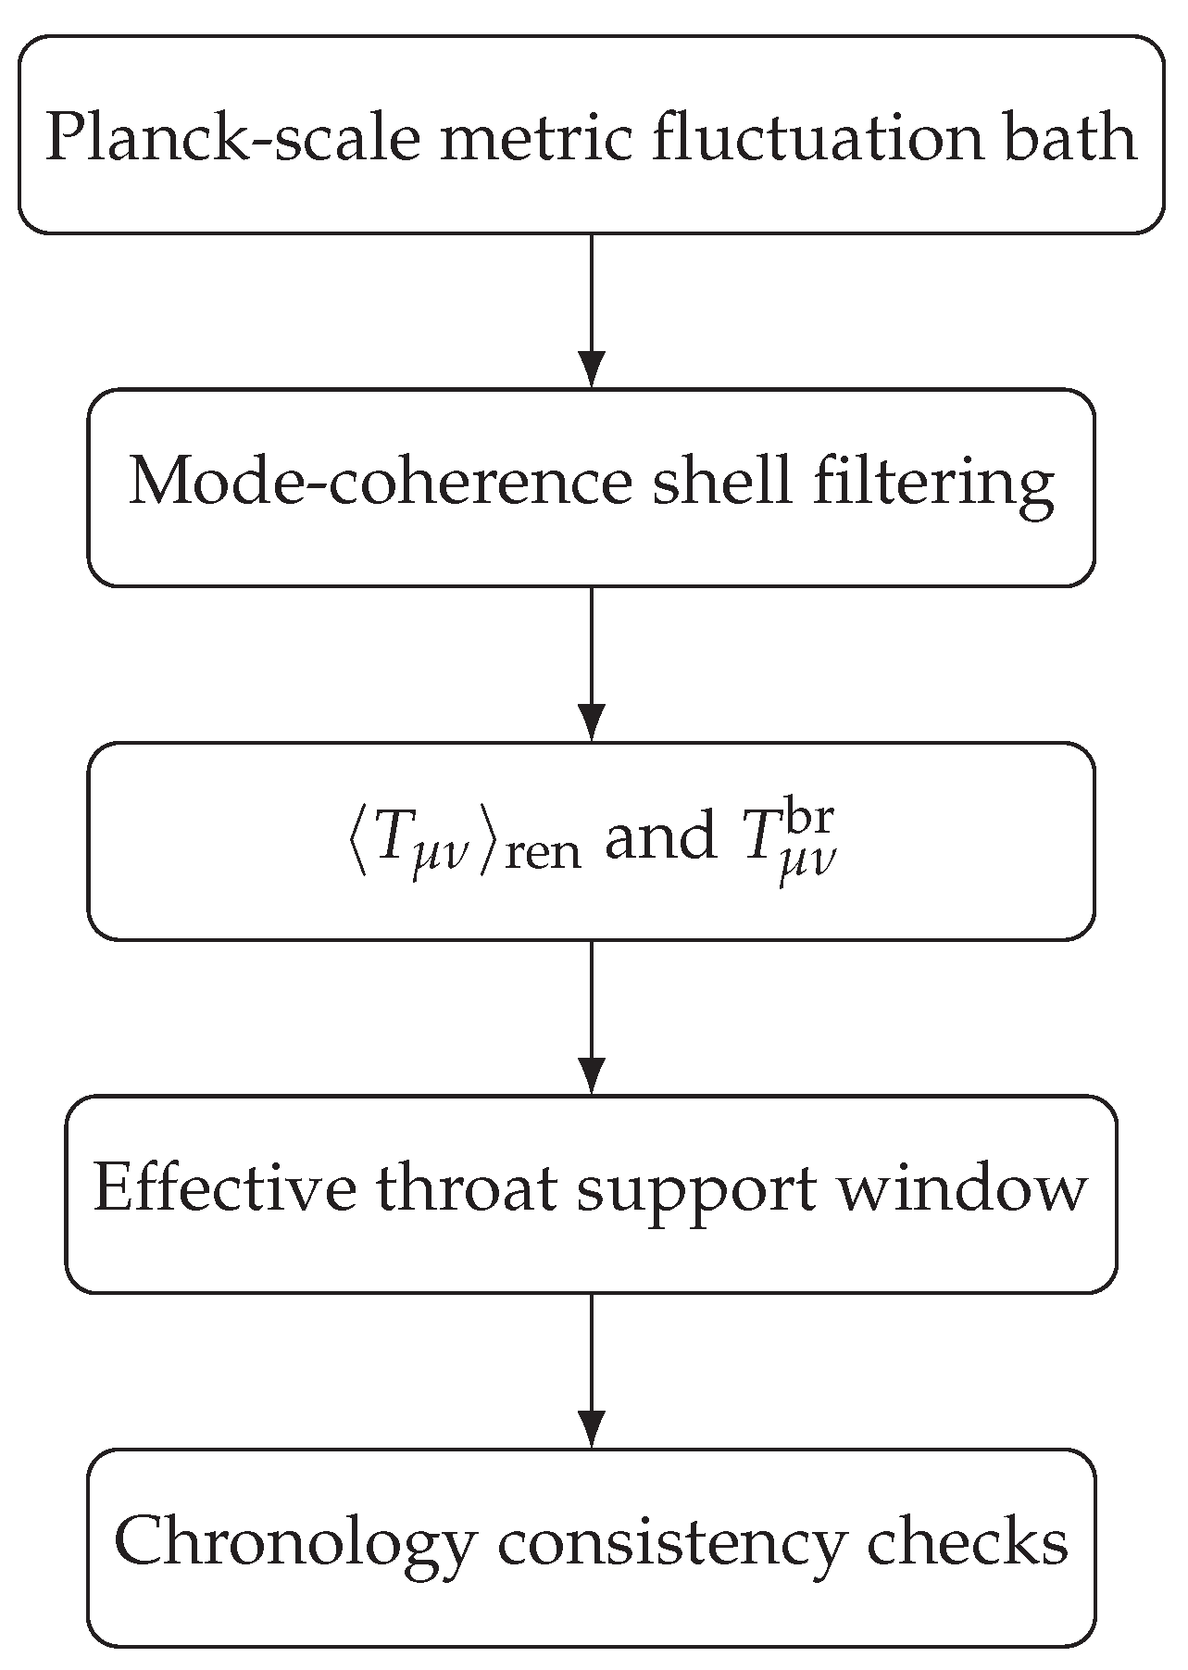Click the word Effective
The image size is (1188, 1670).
[224, 1190]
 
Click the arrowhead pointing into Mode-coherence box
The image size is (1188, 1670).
[591, 370]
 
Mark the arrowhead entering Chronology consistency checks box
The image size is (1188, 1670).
[591, 1429]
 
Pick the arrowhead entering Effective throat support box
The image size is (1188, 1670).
[591, 1075]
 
